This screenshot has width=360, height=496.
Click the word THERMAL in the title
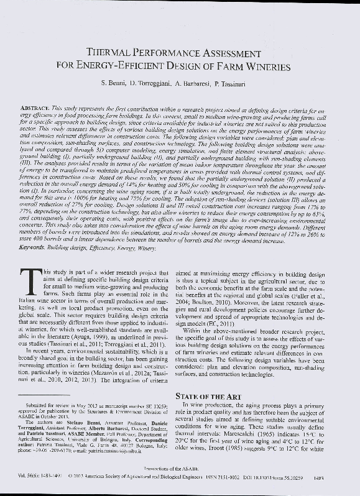click(x=118, y=55)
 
